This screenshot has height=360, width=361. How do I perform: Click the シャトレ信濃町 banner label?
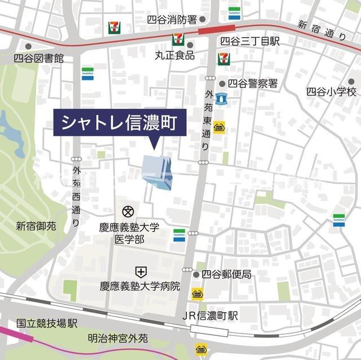(x=120, y=122)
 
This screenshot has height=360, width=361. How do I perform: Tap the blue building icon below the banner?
(x=158, y=171)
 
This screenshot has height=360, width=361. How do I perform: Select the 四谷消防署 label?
(x=171, y=19)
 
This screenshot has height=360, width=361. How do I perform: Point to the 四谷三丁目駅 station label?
(x=250, y=41)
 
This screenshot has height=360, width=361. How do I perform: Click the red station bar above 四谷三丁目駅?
(x=217, y=28)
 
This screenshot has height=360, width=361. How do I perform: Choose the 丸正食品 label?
(x=175, y=55)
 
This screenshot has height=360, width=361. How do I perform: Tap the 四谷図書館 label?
(x=39, y=58)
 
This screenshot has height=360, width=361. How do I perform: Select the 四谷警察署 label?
(x=257, y=83)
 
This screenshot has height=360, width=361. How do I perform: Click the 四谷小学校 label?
(x=332, y=91)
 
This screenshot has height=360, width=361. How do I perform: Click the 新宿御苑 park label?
(x=36, y=226)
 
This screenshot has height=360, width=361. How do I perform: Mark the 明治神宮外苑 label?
(x=117, y=339)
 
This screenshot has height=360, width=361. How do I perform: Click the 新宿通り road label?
(x=322, y=31)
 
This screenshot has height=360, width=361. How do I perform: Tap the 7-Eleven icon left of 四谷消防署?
(x=113, y=26)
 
